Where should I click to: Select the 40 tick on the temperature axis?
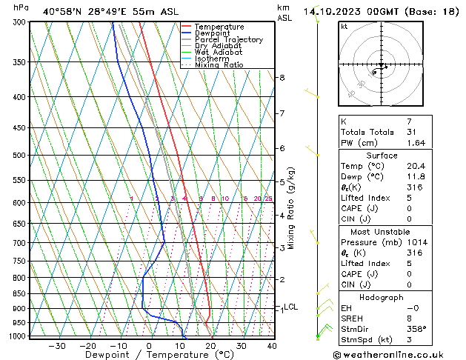click(x=272, y=345)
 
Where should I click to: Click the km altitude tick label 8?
click(x=282, y=77)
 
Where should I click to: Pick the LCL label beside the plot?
click(x=290, y=307)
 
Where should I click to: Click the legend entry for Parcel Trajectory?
click(x=228, y=39)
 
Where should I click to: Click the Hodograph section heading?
click(x=382, y=297)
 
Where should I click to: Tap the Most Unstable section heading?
click(x=382, y=232)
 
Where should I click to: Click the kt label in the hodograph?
click(x=344, y=27)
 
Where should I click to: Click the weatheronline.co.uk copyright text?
click(x=399, y=355)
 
